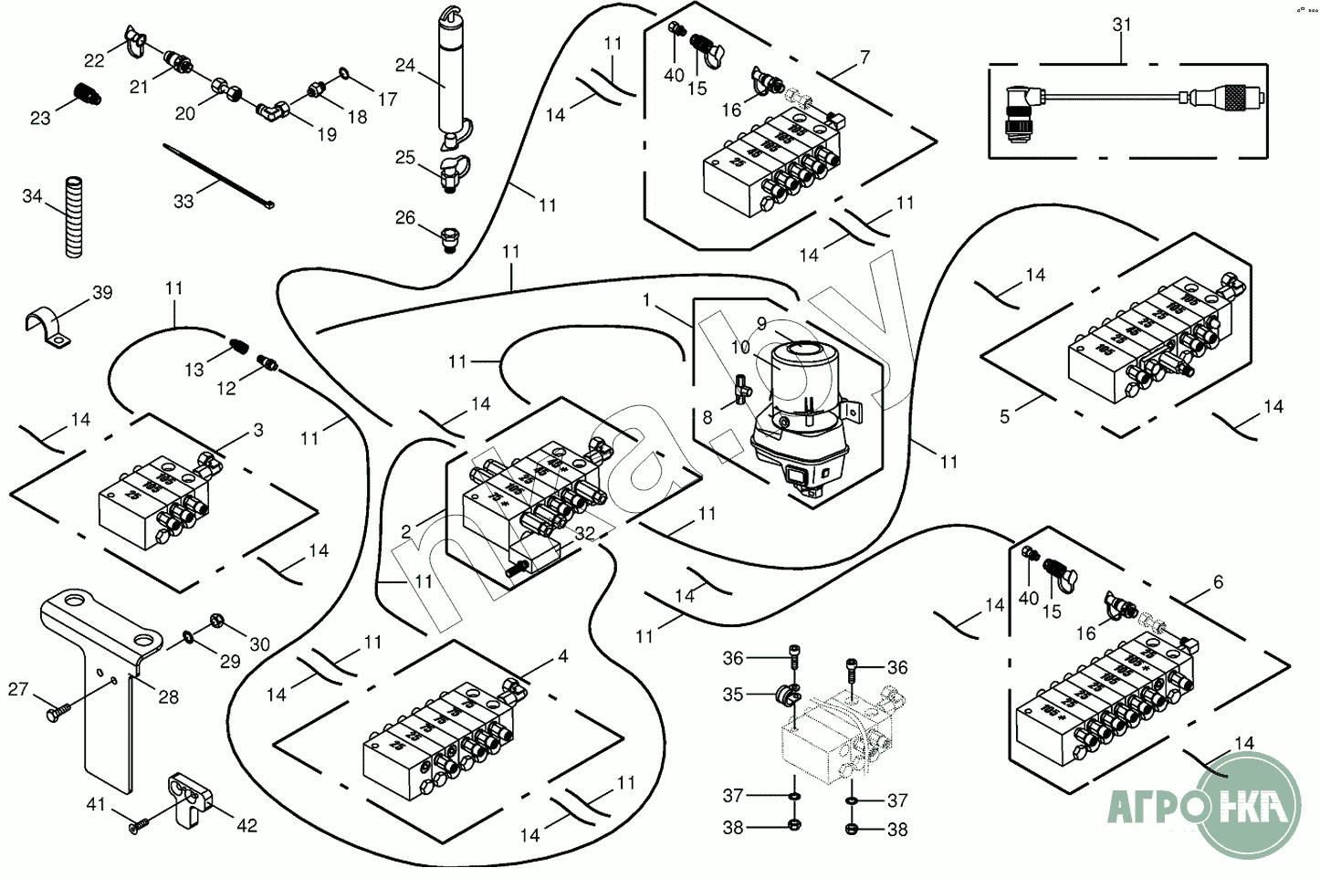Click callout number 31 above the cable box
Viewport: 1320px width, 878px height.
[1122, 25]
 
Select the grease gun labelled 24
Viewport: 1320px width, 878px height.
[449, 82]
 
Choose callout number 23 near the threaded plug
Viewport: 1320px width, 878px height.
[39, 118]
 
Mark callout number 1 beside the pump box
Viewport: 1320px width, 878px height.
[647, 299]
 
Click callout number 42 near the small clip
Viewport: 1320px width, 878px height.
[246, 825]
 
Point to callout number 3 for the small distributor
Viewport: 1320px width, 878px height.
[258, 429]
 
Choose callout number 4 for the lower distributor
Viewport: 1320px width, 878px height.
[563, 656]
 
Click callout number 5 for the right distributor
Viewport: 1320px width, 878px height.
[1005, 416]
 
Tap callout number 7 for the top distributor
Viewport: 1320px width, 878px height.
[864, 57]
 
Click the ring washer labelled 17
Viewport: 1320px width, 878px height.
[342, 72]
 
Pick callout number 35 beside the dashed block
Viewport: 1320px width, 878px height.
[733, 695]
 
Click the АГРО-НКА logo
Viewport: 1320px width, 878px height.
[1205, 806]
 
